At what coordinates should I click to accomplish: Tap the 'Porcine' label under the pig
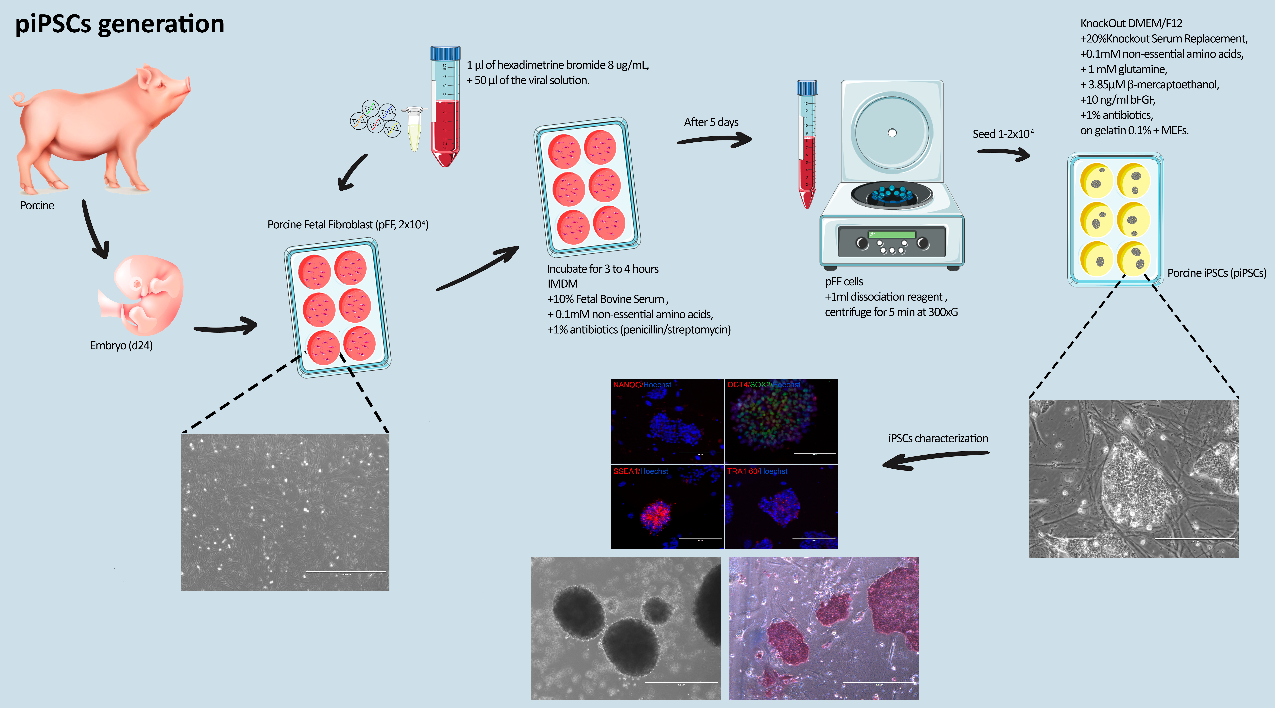pos(37,205)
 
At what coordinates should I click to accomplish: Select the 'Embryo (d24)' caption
pos(121,345)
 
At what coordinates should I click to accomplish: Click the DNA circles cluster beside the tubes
pos(375,119)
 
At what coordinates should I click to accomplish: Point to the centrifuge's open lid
pos(892,131)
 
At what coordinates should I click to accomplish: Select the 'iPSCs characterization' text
pos(938,438)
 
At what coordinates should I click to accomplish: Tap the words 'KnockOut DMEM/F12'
pos(1131,23)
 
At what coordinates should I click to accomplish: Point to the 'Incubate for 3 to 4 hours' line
pos(602,269)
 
